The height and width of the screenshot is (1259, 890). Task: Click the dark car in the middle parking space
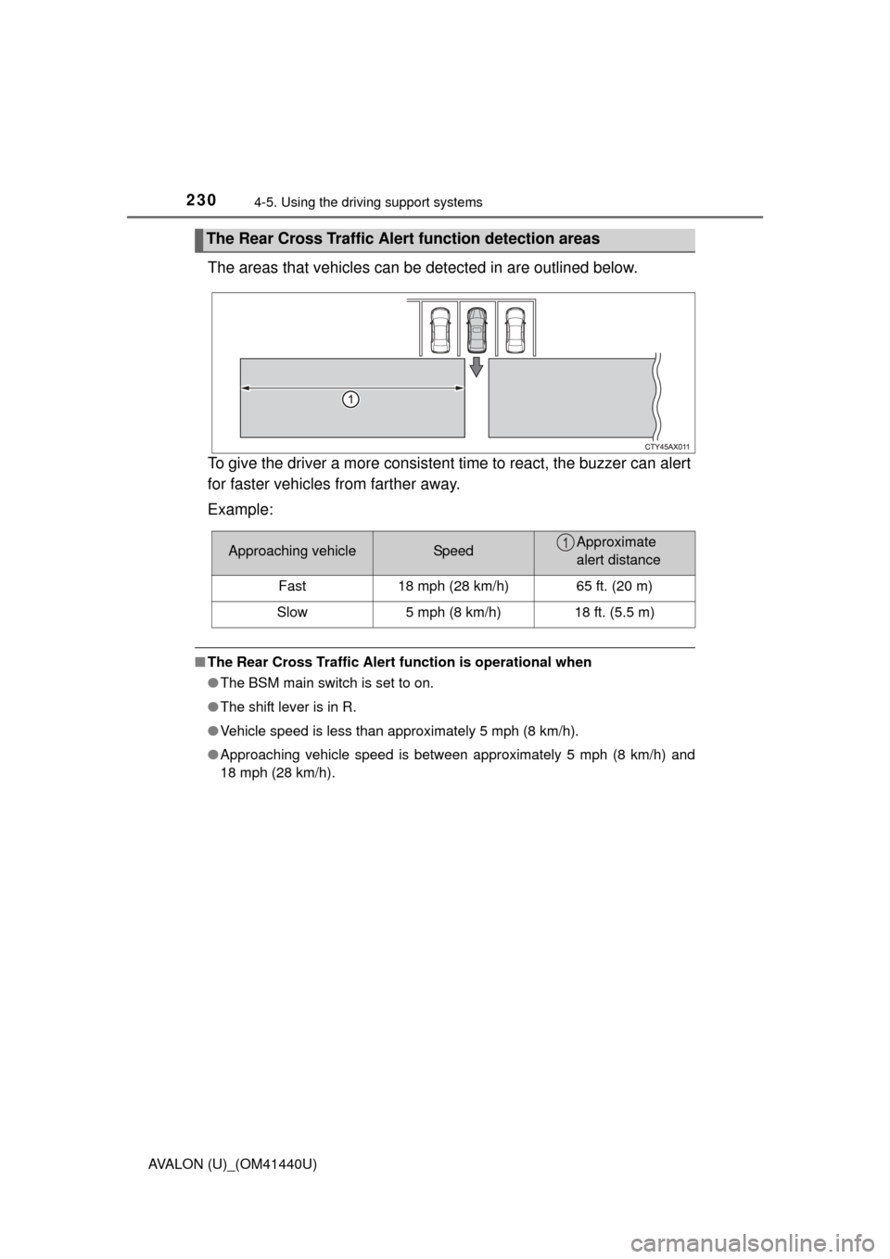477,330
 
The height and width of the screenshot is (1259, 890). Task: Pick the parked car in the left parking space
439,330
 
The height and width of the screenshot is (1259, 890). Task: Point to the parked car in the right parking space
515,330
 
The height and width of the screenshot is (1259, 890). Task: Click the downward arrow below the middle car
477,367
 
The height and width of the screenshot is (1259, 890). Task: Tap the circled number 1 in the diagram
349,400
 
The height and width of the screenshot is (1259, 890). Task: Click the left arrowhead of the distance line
245,389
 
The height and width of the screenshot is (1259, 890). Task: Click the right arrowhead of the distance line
459,389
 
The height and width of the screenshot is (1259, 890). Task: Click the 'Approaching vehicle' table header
292,552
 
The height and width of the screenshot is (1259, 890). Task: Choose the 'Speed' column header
453,552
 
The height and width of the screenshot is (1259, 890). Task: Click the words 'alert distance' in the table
618,561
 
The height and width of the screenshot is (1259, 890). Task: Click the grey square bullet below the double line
198,663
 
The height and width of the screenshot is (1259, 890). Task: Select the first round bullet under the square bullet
212,682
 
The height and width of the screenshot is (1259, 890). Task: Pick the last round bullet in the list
212,755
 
